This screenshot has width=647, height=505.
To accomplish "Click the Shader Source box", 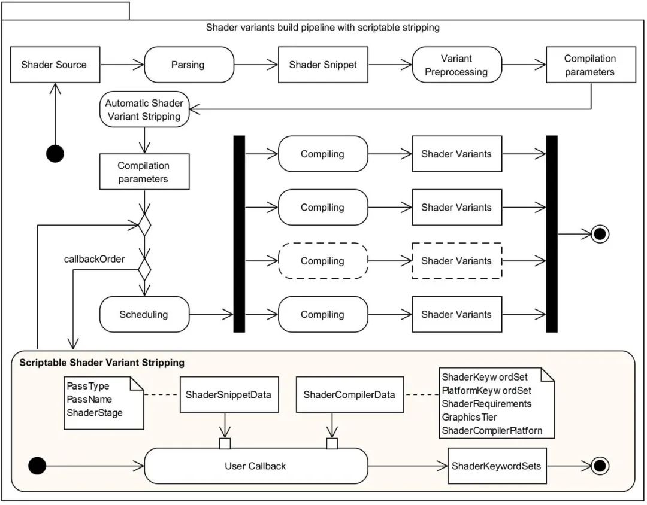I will click(x=54, y=65).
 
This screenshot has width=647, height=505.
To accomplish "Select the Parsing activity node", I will click(x=188, y=65).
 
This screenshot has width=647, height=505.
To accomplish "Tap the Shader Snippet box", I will click(x=323, y=65).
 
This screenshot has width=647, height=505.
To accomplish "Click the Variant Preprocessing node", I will click(x=456, y=65).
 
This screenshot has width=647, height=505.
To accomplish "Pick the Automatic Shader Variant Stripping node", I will click(x=144, y=109).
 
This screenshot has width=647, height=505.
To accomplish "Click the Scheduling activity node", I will click(x=144, y=314).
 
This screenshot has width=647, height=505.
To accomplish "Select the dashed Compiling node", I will click(x=322, y=261).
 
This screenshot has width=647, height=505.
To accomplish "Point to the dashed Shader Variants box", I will click(x=456, y=261).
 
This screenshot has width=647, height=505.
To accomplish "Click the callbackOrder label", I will click(x=95, y=259).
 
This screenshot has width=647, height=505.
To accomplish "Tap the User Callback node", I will click(x=256, y=466).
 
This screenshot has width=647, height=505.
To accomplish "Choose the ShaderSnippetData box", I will click(x=228, y=394).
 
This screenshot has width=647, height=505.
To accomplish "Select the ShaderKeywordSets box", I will click(x=498, y=466).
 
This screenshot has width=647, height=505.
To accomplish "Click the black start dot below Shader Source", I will click(x=55, y=154).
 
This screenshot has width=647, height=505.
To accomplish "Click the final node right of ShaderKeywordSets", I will click(x=600, y=466).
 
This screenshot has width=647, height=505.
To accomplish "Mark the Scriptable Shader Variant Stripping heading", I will click(x=102, y=363).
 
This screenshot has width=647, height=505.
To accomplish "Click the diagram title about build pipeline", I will click(x=323, y=28).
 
